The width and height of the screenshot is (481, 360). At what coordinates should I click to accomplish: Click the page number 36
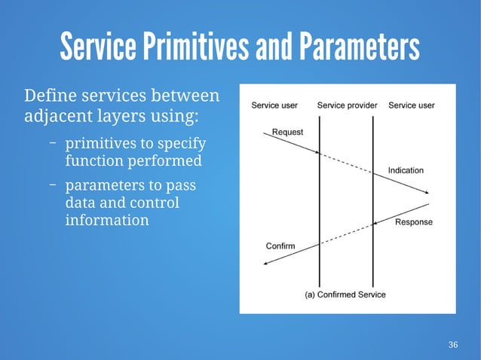452,345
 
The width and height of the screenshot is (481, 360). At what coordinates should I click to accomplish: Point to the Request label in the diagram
287,132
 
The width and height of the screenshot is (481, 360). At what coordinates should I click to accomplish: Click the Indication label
406,170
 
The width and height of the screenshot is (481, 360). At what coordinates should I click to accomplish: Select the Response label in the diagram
414,222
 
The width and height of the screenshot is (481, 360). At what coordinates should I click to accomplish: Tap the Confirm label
280,246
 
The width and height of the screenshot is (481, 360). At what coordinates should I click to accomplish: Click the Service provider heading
347,105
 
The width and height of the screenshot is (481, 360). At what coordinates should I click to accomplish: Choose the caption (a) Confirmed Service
345,294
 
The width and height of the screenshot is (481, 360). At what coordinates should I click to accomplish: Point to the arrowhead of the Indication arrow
426,193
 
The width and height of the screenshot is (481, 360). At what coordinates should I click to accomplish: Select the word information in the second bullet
106,221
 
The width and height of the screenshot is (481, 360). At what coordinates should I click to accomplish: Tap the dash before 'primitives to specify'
54,142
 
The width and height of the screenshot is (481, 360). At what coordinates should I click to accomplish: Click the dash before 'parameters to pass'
54,185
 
